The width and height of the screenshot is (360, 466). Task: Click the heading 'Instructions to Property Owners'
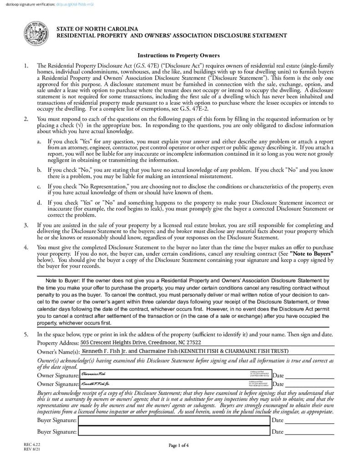click(x=178, y=56)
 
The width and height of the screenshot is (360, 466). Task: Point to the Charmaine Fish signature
click(x=93, y=374)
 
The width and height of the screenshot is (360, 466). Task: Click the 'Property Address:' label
click(x=57, y=343)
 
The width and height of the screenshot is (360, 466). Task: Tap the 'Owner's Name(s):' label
click(x=58, y=352)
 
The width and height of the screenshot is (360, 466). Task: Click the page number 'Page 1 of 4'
click(x=178, y=445)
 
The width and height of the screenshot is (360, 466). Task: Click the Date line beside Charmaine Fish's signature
click(x=309, y=375)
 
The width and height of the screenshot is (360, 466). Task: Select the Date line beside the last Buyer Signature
click(x=309, y=432)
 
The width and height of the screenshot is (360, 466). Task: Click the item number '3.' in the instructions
click(x=26, y=225)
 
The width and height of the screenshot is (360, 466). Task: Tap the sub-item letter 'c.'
click(x=40, y=187)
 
